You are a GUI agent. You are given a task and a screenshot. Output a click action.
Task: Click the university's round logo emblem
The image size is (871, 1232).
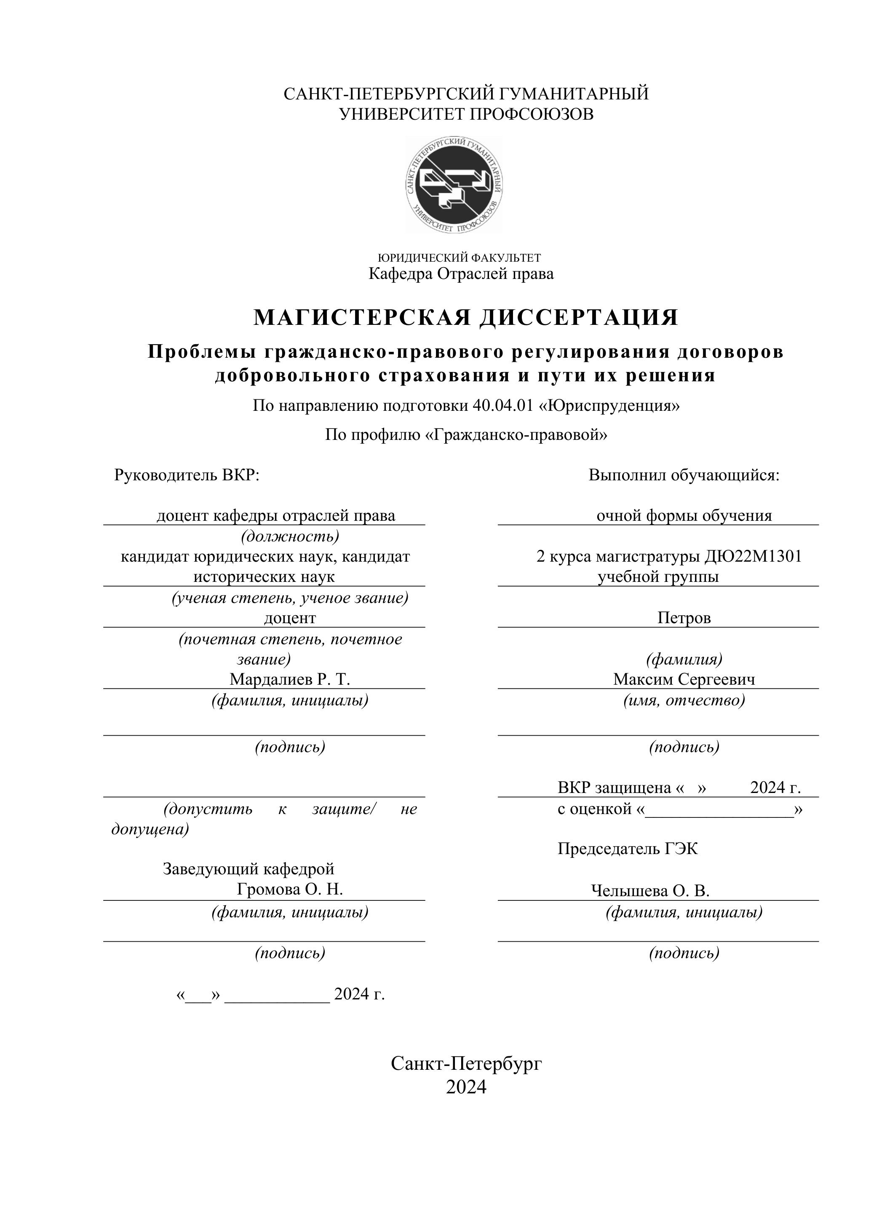coord(454,184)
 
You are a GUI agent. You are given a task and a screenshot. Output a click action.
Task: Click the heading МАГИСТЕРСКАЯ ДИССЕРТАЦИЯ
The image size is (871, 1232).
coord(465,317)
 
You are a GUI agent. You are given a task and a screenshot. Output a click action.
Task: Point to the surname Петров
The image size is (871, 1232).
coord(684,618)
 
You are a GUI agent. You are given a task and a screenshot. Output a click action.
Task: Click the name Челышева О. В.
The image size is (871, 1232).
coord(650,891)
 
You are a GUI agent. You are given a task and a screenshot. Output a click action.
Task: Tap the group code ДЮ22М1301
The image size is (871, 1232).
coord(753,557)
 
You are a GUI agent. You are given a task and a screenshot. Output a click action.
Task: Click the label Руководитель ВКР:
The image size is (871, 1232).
coord(187,475)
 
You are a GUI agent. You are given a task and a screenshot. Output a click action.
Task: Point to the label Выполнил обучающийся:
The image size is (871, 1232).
coord(684,475)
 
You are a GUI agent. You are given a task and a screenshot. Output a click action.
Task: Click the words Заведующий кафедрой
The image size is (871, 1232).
coord(248,869)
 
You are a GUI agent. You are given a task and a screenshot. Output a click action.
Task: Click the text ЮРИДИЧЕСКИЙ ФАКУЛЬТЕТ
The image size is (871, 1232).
coord(459,258)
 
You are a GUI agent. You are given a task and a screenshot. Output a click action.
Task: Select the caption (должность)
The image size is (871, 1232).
coord(290,536)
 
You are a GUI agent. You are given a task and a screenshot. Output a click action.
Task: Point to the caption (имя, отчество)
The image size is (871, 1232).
coord(684,700)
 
